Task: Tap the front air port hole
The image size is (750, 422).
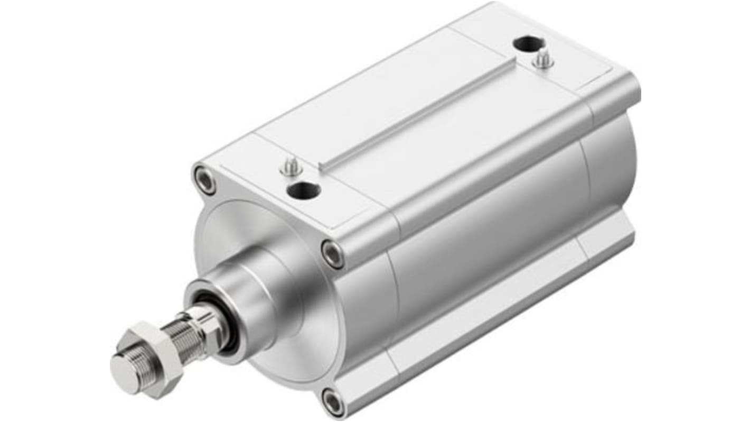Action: [x=303, y=190]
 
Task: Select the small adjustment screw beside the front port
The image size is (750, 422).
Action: [x=291, y=168]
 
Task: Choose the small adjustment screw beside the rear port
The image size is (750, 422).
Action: [x=542, y=59]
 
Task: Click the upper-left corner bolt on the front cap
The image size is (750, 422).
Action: [x=205, y=180]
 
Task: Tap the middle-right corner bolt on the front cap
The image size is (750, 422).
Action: [x=332, y=254]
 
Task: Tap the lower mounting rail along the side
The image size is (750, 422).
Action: [x=486, y=317]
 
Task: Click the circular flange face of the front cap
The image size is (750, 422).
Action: [x=296, y=338]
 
